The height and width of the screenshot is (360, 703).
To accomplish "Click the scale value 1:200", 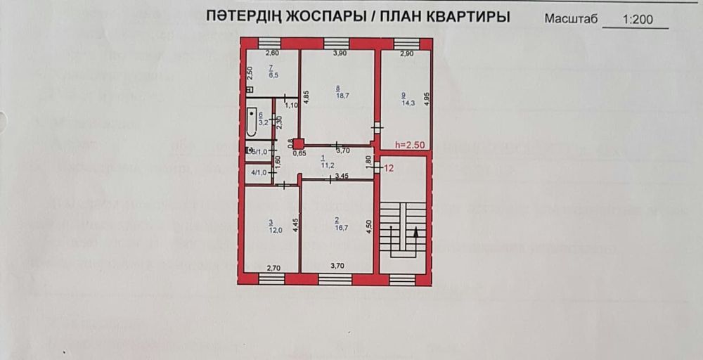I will coord(638,20).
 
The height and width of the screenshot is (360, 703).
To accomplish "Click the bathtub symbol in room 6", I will coord(251,122).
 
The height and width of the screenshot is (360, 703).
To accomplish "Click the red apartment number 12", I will coord(389,169).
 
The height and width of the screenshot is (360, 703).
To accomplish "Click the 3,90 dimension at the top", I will coord(340,53).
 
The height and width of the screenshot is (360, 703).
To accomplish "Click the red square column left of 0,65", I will coord(299,143).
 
